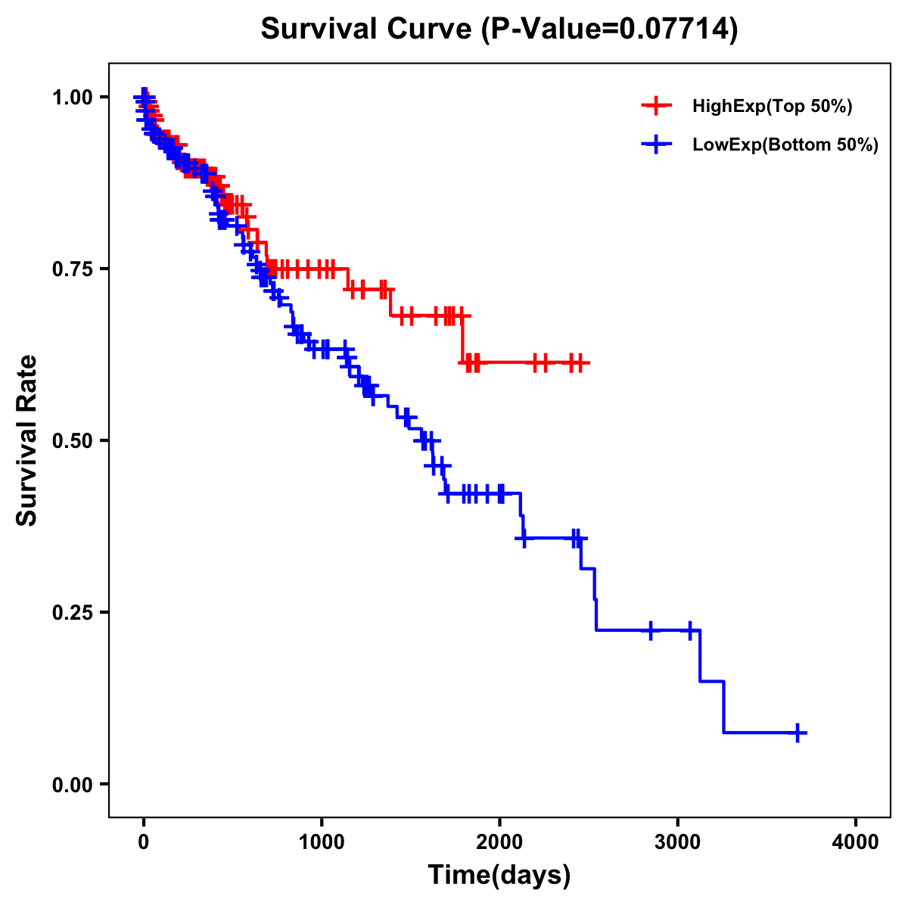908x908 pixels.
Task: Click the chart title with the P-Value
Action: point(499,30)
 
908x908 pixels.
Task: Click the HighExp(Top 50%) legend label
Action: point(772,107)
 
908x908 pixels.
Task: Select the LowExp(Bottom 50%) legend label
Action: point(785,145)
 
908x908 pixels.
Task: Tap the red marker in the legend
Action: point(656,107)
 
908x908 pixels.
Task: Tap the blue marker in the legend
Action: point(656,145)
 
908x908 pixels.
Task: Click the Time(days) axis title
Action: point(499,875)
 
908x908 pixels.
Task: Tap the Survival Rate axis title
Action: point(28,440)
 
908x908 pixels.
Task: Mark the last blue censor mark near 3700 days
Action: point(798,732)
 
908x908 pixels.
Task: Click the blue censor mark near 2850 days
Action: point(650,630)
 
